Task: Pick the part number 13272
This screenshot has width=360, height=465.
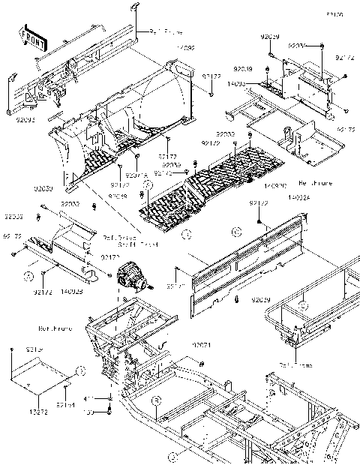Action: click(38, 412)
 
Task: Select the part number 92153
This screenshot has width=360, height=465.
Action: click(34, 350)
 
